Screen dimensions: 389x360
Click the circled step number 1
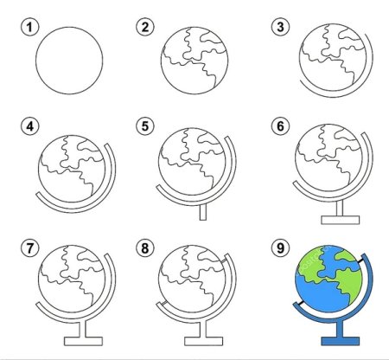(29, 28)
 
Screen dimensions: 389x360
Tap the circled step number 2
(145, 27)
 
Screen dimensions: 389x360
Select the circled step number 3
(280, 27)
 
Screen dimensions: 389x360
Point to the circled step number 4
(29, 126)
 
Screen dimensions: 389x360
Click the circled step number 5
(145, 126)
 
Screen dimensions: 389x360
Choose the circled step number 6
(280, 126)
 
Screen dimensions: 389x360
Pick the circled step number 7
(29, 248)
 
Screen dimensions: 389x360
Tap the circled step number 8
(145, 248)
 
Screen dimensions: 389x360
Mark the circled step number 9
(280, 248)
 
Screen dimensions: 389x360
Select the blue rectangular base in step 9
(341, 341)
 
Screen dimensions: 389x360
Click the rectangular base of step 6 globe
(341, 220)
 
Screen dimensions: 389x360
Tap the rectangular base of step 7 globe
(83, 341)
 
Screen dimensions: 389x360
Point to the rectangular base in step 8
(203, 341)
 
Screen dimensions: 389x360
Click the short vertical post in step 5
(203, 212)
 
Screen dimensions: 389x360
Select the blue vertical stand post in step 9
(341, 329)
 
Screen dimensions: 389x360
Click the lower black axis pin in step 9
(300, 303)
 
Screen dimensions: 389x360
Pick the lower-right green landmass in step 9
(348, 284)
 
